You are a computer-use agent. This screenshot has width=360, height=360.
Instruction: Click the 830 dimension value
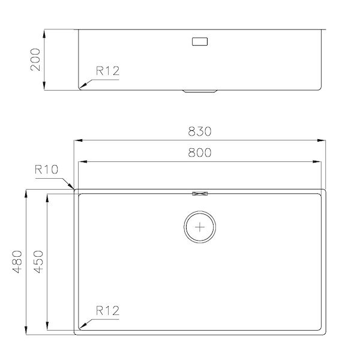(x=200, y=131)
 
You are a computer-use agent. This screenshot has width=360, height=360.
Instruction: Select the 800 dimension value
(x=200, y=152)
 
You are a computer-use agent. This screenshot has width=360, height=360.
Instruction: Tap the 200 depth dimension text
(x=35, y=59)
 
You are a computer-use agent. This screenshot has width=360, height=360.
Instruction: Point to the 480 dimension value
(x=17, y=262)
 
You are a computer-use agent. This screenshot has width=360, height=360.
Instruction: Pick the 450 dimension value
(x=38, y=262)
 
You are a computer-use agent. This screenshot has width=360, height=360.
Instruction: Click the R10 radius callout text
(x=46, y=169)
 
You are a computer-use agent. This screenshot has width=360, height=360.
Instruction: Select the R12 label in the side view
(x=107, y=71)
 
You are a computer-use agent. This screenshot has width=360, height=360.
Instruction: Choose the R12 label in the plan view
(x=107, y=311)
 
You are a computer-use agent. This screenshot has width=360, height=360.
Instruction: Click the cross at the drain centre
(x=200, y=227)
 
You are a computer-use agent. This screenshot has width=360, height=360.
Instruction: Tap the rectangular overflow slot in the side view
(x=200, y=41)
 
